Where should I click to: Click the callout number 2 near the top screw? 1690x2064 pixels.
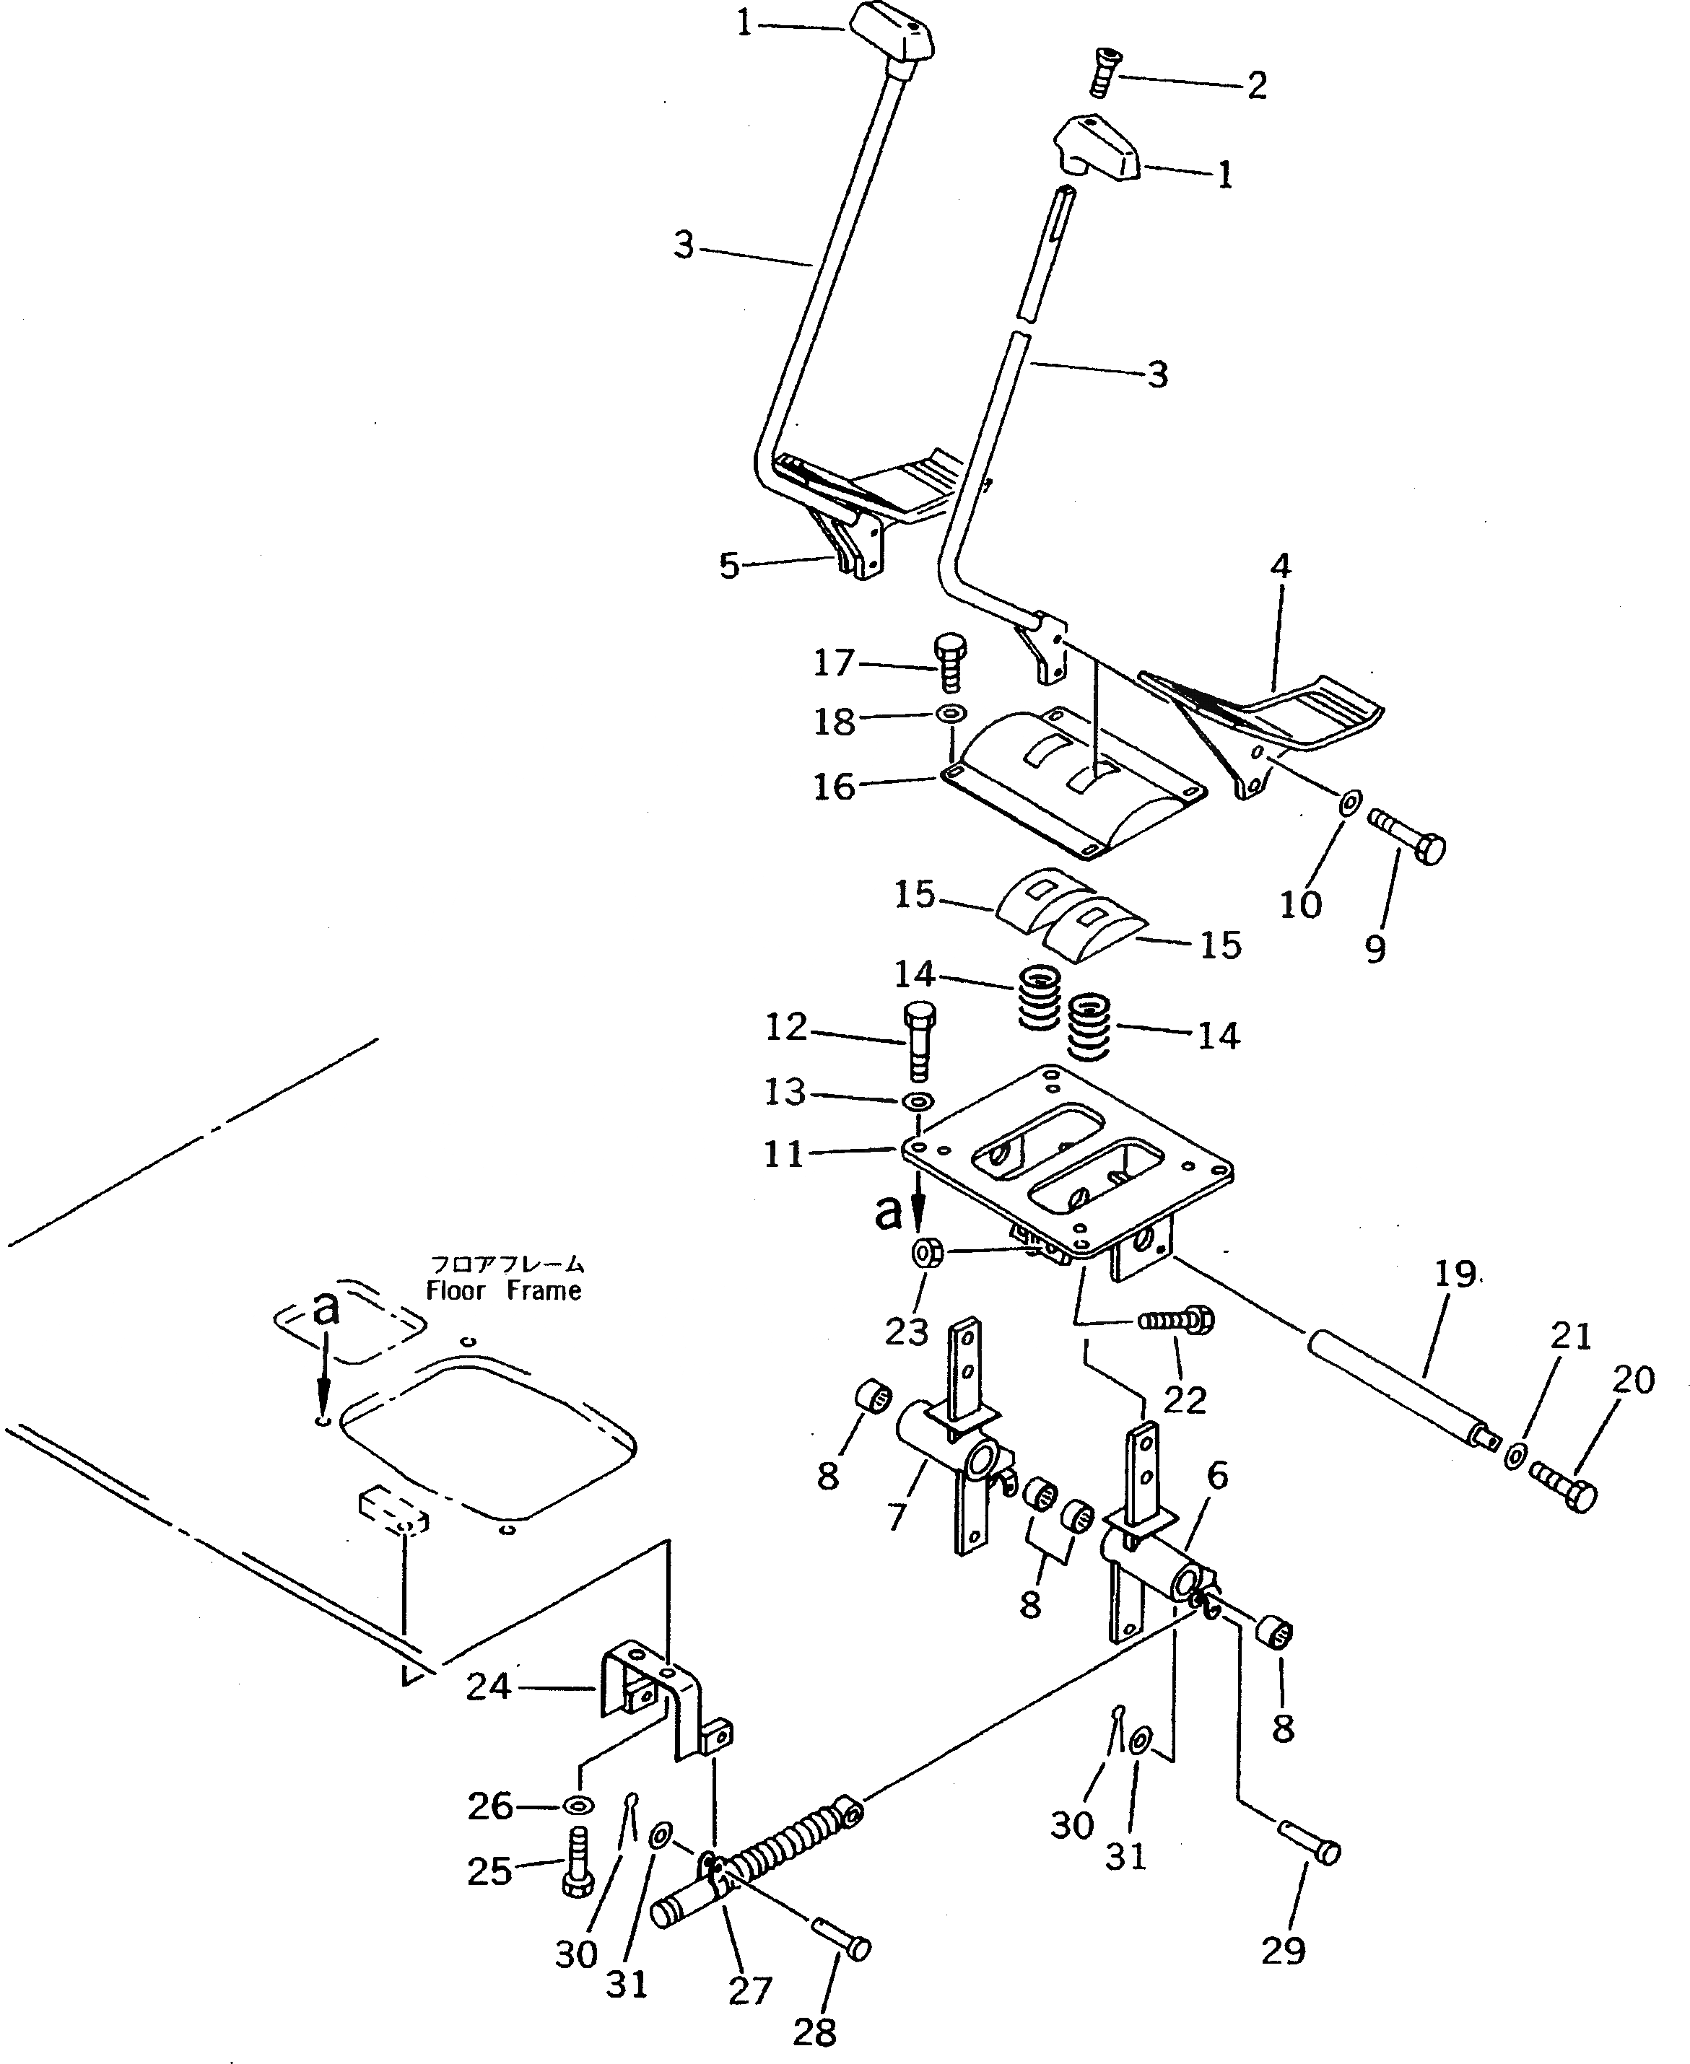[x=1257, y=87]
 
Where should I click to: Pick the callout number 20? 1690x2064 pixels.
[x=1632, y=1380]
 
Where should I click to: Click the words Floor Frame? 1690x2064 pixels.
[x=505, y=1290]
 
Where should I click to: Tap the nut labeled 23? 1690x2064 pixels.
[x=925, y=1252]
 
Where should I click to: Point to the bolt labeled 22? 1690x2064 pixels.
[x=1178, y=1321]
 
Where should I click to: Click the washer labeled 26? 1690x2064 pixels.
[x=578, y=1806]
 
